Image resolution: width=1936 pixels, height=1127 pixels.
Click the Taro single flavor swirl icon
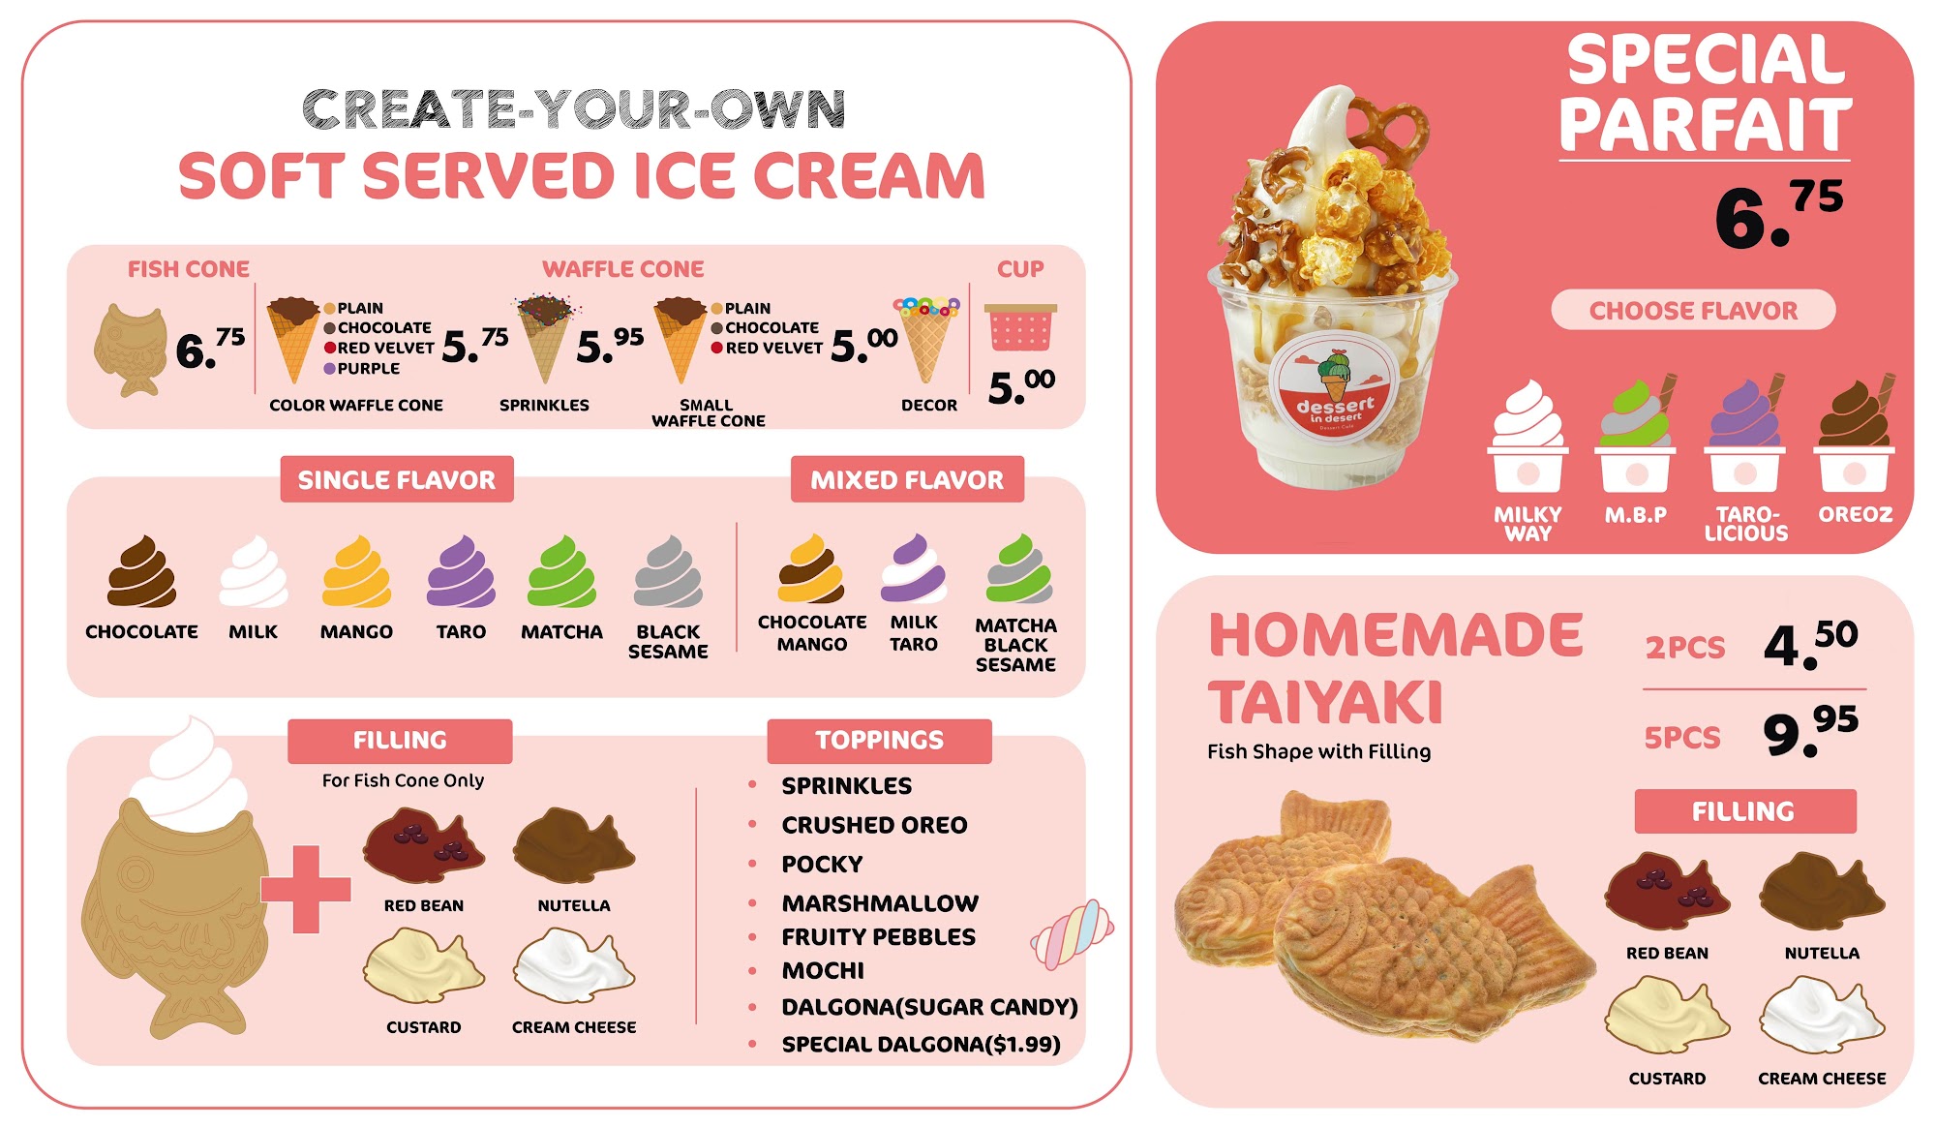click(461, 572)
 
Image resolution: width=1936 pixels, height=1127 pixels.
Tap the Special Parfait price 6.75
click(1779, 214)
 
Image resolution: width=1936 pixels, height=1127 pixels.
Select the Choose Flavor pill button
click(1693, 310)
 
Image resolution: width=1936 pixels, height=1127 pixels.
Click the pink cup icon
click(1020, 327)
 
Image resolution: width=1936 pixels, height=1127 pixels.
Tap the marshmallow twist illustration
click(1073, 934)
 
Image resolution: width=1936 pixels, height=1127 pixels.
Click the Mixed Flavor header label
click(907, 479)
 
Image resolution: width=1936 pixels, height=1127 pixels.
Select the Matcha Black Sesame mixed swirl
click(1018, 569)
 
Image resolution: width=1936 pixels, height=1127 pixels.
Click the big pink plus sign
click(306, 889)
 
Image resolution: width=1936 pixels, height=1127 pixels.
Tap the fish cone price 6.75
click(210, 349)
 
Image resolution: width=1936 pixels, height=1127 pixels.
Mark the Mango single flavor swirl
click(356, 572)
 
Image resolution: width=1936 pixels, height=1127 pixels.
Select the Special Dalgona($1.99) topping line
click(921, 1044)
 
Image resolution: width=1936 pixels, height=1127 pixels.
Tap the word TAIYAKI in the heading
click(1325, 702)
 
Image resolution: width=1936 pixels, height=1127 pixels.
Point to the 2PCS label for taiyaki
click(1685, 647)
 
